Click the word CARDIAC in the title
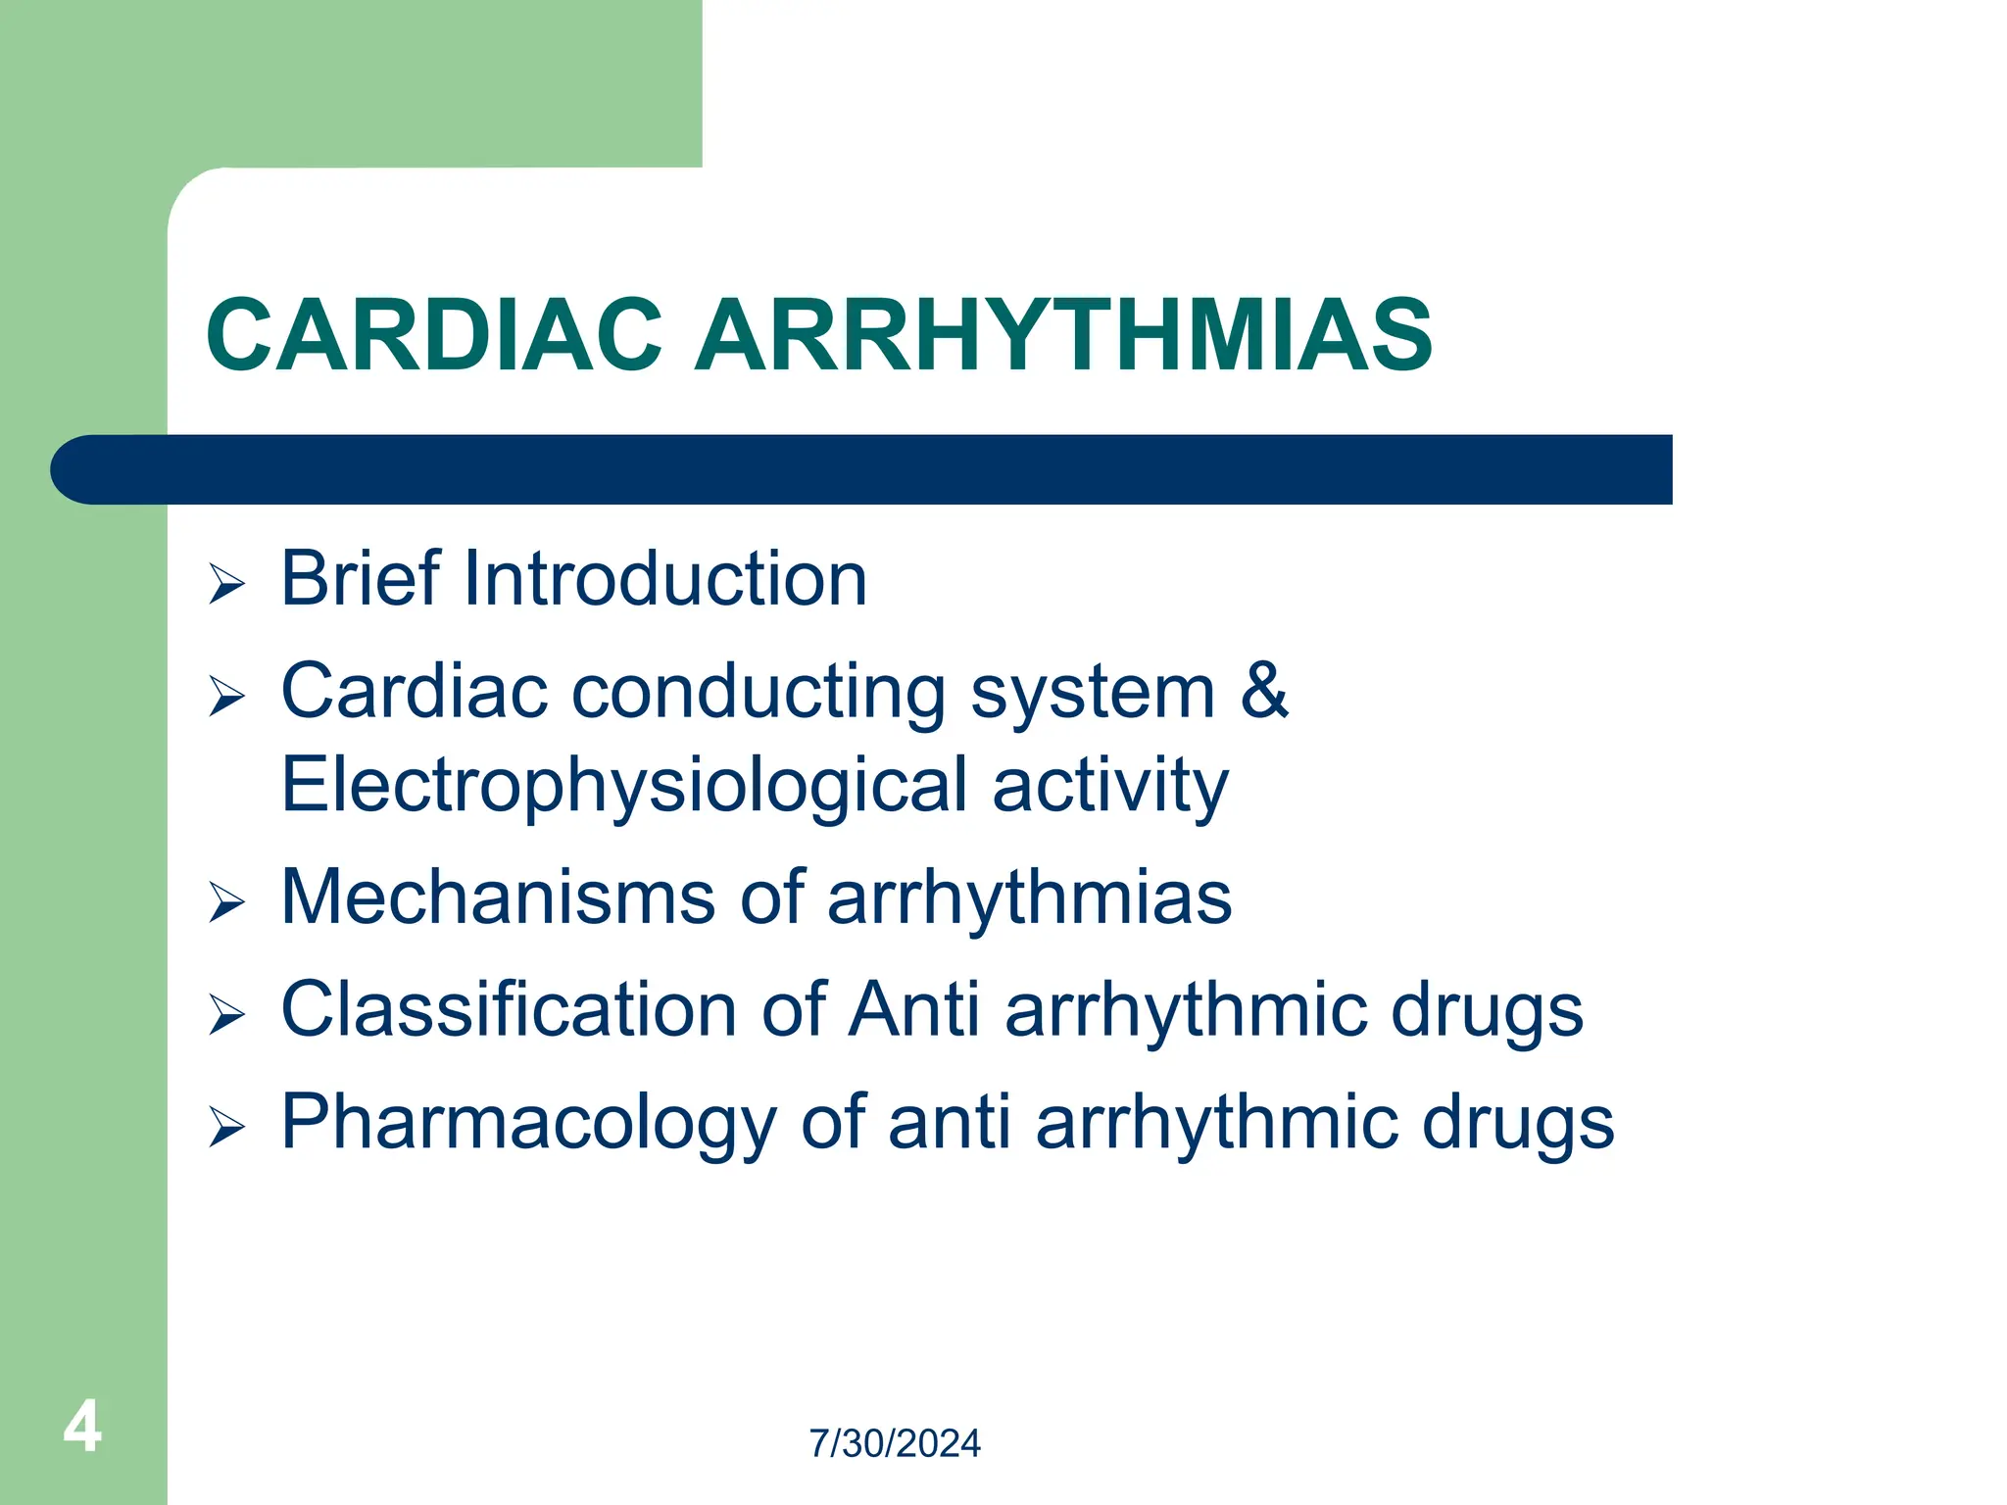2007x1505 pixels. [x=434, y=336]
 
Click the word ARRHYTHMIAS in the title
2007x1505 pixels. [x=1063, y=336]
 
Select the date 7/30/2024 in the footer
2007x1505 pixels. [x=894, y=1443]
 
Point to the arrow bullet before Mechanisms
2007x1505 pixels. [x=226, y=902]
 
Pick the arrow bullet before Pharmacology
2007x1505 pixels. [x=226, y=1128]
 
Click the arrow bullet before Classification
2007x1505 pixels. [x=226, y=1015]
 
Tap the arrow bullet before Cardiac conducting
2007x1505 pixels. [x=226, y=697]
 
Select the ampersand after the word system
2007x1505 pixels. [x=1264, y=691]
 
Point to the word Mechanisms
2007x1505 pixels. [x=498, y=898]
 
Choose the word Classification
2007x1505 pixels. [x=509, y=1009]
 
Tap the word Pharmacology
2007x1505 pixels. [x=528, y=1124]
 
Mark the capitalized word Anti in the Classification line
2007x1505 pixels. [x=913, y=1009]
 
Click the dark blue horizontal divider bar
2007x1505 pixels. [x=862, y=469]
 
